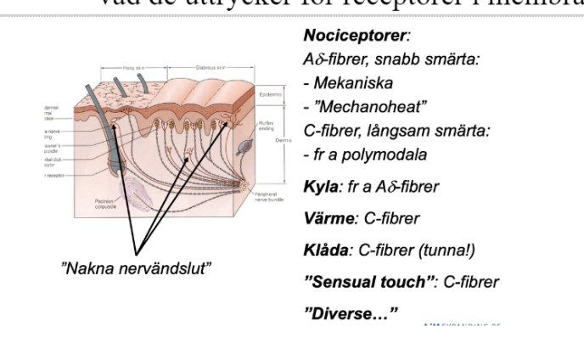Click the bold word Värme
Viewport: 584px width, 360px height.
(x=328, y=218)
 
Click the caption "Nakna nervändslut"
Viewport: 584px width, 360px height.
(x=136, y=268)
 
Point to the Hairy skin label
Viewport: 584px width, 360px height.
(x=134, y=67)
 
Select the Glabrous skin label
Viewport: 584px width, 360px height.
(x=209, y=67)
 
